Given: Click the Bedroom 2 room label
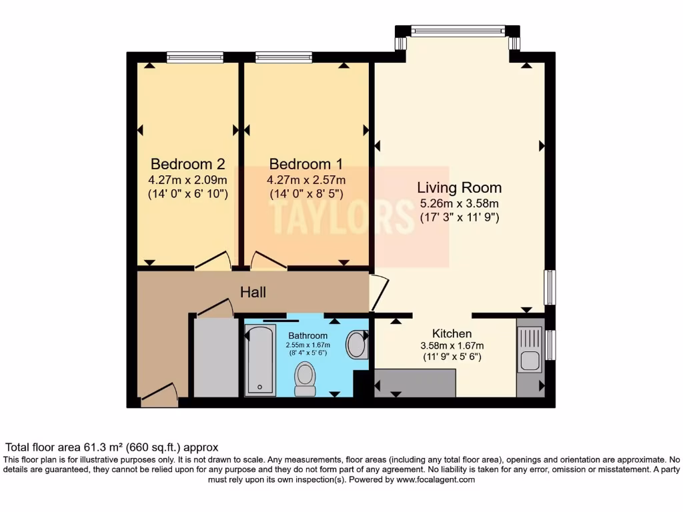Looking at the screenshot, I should click(x=187, y=164).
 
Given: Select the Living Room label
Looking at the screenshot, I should click(x=459, y=187).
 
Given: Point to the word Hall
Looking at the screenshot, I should click(x=253, y=292).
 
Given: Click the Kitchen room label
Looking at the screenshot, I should click(x=452, y=333).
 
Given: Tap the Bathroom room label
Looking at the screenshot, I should click(x=307, y=335).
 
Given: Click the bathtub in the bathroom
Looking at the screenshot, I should click(x=259, y=360).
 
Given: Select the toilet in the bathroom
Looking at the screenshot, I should click(x=305, y=379).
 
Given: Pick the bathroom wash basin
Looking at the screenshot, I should click(x=357, y=345).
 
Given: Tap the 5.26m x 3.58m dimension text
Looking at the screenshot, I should click(x=459, y=203).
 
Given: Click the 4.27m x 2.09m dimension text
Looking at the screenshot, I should click(x=187, y=180).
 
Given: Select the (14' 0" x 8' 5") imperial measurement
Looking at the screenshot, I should click(x=306, y=194).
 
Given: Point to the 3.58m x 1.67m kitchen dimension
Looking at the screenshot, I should click(x=452, y=345).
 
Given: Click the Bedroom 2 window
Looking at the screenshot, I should click(x=185, y=58).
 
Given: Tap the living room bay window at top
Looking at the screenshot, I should click(x=458, y=31).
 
